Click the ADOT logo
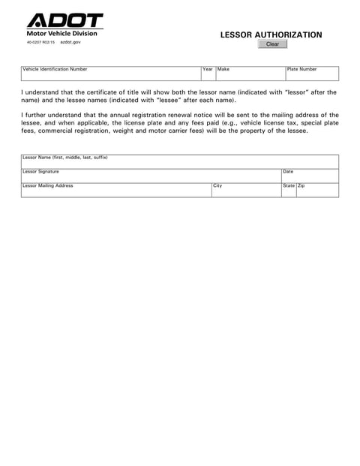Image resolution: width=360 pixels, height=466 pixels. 64,21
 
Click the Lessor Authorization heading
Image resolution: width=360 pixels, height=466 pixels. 271,35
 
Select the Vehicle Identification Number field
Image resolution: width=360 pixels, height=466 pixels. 110,74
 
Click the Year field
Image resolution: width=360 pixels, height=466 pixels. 208,74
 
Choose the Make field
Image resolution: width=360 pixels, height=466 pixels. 250,74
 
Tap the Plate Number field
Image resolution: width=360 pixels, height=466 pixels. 311,74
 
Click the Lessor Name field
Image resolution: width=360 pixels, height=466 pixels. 180,163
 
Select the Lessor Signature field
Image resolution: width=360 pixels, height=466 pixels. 150,176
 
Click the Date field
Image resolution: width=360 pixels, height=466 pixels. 309,176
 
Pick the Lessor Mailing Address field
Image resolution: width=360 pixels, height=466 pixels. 115,191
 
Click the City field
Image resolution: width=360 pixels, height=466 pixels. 245,191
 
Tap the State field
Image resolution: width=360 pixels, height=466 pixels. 289,191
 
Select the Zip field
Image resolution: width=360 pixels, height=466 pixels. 317,191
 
